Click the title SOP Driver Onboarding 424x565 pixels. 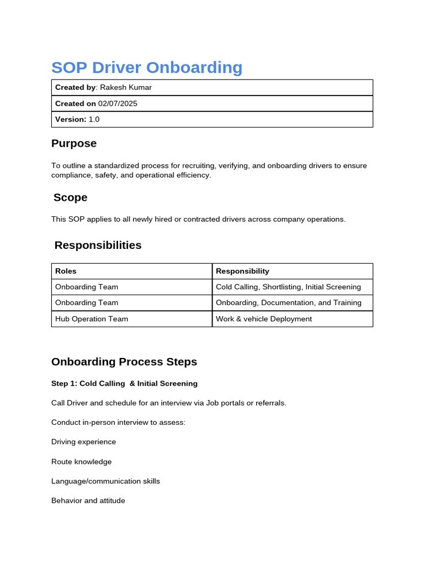pyautogui.click(x=146, y=67)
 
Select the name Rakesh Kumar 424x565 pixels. pyautogui.click(x=126, y=87)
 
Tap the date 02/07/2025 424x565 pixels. pyautogui.click(x=118, y=103)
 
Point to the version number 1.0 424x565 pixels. pyautogui.click(x=94, y=119)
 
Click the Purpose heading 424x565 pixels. pyautogui.click(x=74, y=143)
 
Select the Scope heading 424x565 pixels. pyautogui.click(x=70, y=198)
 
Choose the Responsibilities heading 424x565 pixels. pyautogui.click(x=98, y=245)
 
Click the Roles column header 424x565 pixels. pyautogui.click(x=66, y=271)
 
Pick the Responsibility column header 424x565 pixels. pyautogui.click(x=242, y=271)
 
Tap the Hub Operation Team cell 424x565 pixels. pyautogui.click(x=92, y=319)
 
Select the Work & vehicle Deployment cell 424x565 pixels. pyautogui.click(x=264, y=319)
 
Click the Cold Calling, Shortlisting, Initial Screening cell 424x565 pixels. pyautogui.click(x=288, y=287)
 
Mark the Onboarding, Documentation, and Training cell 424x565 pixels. pyautogui.click(x=289, y=303)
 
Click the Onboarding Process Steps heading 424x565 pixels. pyautogui.click(x=124, y=362)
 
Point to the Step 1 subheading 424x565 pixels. pyautogui.click(x=124, y=383)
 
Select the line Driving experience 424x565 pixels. pyautogui.click(x=83, y=442)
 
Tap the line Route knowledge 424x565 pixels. pyautogui.click(x=81, y=462)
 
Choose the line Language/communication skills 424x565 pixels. pyautogui.click(x=105, y=481)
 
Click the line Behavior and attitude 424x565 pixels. pyautogui.click(x=88, y=501)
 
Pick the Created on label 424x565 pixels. pyautogui.click(x=75, y=103)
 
